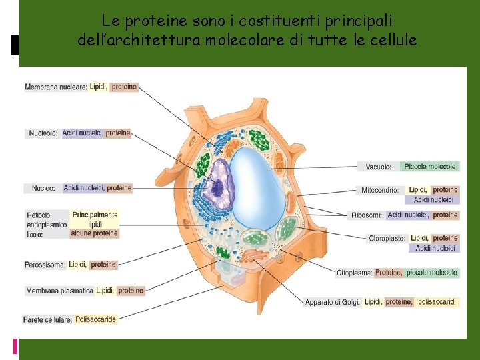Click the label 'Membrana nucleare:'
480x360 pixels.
(56, 87)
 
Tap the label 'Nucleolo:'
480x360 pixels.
(43, 133)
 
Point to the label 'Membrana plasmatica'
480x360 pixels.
(59, 291)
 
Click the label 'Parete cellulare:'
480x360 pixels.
(47, 320)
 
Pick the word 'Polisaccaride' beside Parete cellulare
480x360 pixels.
(96, 319)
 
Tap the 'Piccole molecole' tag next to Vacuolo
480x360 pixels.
(430, 167)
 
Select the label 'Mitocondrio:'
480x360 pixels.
(380, 191)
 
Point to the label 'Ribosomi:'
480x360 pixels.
(367, 215)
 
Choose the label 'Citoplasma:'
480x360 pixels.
(354, 273)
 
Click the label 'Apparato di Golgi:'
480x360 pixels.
(333, 302)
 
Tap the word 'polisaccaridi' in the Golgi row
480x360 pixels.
(437, 302)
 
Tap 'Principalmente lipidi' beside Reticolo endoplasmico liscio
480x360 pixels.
(95, 219)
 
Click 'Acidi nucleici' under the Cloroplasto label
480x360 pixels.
(433, 248)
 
